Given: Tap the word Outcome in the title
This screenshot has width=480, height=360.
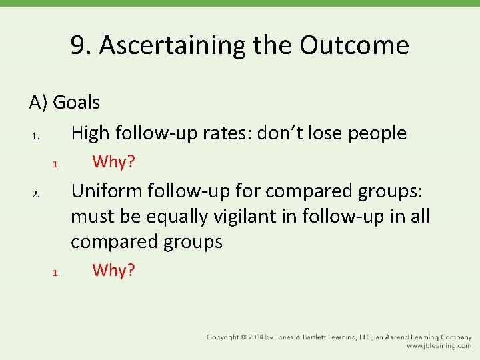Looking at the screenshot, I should (x=354, y=45).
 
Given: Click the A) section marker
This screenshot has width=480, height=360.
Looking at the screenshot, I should (x=39, y=102).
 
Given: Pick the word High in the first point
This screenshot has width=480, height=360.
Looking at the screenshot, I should (x=91, y=133).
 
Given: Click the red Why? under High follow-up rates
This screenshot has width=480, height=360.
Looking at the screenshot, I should (x=114, y=161).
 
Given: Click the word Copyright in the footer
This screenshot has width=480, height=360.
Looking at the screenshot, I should (x=225, y=337).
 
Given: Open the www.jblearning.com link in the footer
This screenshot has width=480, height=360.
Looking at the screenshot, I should (x=439, y=346).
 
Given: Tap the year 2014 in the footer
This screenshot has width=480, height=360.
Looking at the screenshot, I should (x=263, y=337).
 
